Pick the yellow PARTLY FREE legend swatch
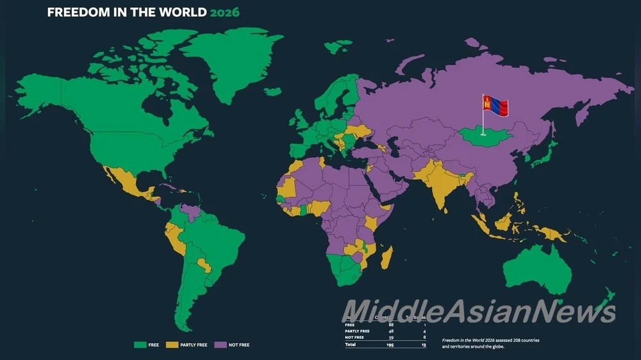click(x=171, y=345)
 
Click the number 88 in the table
click(x=391, y=325)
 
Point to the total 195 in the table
click(x=390, y=345)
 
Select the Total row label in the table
click(x=351, y=345)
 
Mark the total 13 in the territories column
click(x=424, y=345)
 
